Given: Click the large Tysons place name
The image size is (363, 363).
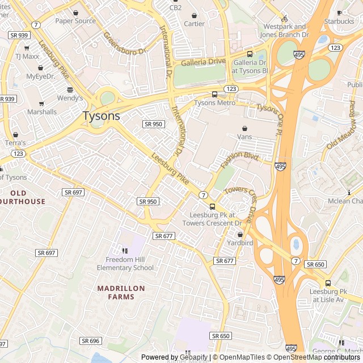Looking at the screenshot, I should pos(102,116).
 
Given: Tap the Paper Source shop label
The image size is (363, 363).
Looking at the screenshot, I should pos(75,21).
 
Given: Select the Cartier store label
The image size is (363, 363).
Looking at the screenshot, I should pos(194,24).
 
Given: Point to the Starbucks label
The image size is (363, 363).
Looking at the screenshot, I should pos(339,22).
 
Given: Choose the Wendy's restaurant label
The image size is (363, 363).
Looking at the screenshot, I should pos(70,98).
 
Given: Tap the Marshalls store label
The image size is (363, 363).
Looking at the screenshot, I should pos(42,112).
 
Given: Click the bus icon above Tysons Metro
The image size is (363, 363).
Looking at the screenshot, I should pos(214,94).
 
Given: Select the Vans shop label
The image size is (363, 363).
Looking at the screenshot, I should pos(244,137).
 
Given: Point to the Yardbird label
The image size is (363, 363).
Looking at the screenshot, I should pos(240,243).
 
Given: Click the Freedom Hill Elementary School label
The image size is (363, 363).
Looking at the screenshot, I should pos(125,264).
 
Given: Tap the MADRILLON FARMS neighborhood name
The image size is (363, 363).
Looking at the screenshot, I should pos(121,292).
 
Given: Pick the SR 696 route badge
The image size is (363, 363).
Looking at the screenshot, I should pos(90,340).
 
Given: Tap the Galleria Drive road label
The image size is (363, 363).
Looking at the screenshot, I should pos(203,62).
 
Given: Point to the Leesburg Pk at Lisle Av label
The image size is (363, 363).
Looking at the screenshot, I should pos(327,295).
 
